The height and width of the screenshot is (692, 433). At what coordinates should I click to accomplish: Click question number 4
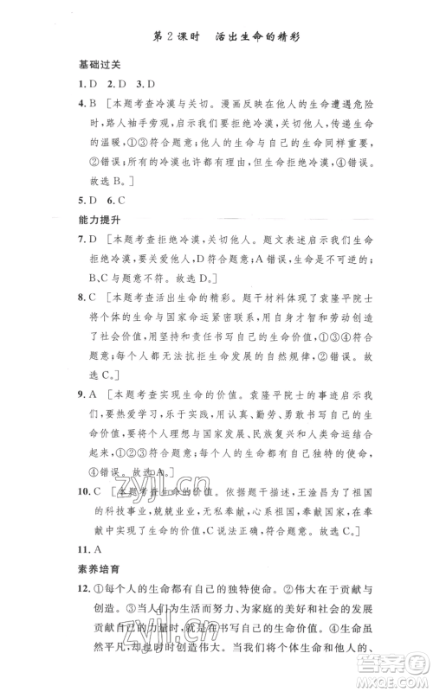point(80,104)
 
